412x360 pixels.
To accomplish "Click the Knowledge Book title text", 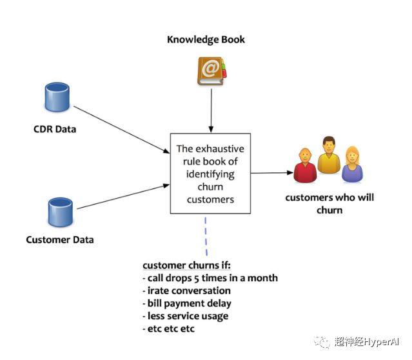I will (206, 39).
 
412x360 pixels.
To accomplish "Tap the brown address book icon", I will (211, 71).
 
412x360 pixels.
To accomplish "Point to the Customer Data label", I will (60, 240).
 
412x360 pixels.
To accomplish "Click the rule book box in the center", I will (210, 174).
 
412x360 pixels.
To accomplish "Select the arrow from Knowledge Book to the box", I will (211, 110).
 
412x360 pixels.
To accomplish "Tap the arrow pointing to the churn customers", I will (271, 173).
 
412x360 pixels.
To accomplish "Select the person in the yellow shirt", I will (328, 155).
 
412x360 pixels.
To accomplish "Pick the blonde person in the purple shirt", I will (352, 165).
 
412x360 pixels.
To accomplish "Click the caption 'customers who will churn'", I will (329, 203).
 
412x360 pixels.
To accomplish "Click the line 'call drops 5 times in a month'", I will (210, 278).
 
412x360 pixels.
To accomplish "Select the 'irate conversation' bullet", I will (186, 290).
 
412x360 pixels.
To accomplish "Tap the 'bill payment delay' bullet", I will (187, 303).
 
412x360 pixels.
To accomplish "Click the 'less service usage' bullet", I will (186, 316).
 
